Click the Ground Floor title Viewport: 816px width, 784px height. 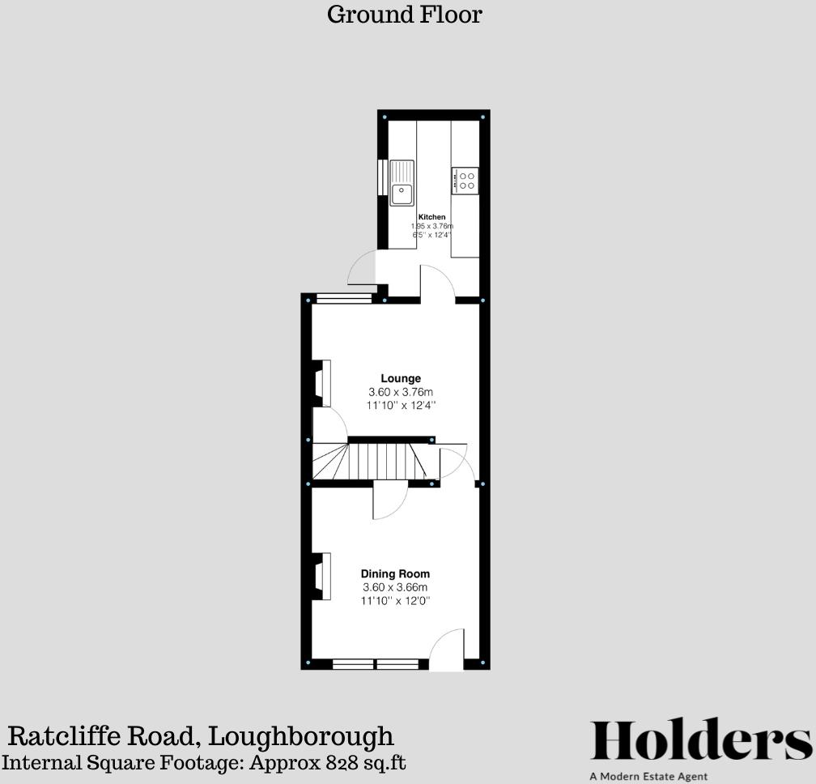(x=404, y=15)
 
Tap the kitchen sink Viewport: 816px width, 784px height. (x=402, y=183)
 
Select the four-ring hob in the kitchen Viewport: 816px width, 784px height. (x=466, y=180)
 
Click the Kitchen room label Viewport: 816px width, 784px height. (x=431, y=217)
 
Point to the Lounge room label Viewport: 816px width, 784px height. (x=401, y=378)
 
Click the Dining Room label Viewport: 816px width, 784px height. (x=395, y=573)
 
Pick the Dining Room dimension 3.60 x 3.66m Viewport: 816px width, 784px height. (x=395, y=587)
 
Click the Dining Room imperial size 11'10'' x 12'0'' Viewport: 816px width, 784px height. (x=395, y=601)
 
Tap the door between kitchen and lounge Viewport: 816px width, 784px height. (x=438, y=283)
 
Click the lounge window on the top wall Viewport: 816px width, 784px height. (x=344, y=298)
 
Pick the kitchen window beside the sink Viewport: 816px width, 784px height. (x=381, y=177)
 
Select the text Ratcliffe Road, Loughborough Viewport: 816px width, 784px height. (x=201, y=736)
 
